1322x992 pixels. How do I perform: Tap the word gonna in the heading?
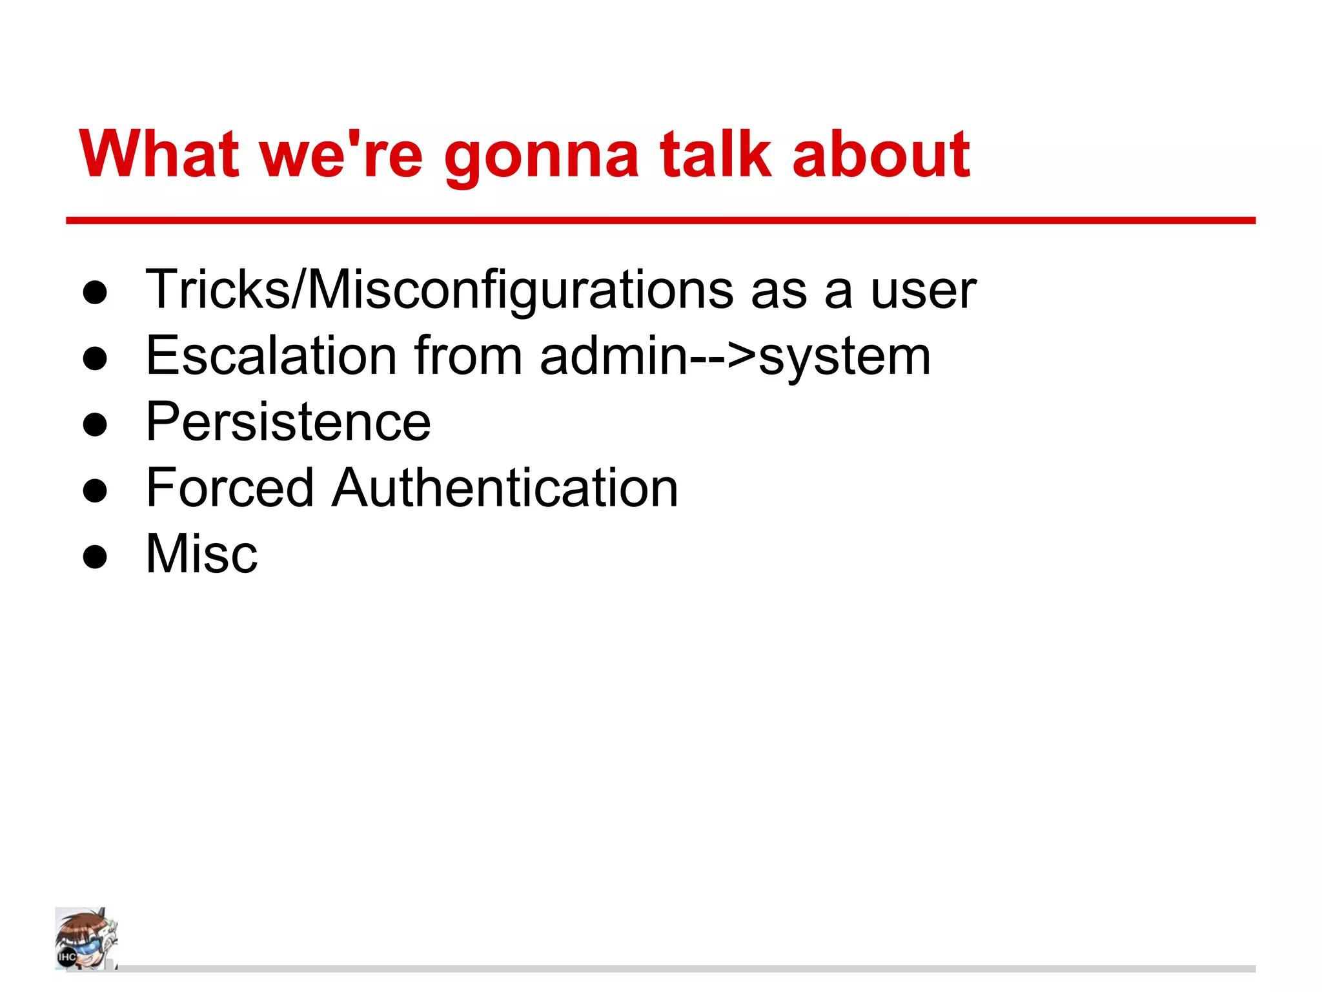pos(541,158)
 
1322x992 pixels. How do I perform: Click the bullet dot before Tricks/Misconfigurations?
pos(95,293)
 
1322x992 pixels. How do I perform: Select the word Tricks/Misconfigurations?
pos(440,290)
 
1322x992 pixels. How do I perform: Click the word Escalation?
pos(271,356)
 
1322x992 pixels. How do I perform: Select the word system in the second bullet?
pos(844,359)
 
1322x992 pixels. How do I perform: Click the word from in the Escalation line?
pos(468,356)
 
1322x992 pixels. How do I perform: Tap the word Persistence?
pos(288,422)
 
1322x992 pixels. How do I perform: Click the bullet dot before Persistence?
pos(95,425)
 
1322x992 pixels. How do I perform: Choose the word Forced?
pos(230,488)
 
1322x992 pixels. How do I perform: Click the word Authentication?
pos(505,488)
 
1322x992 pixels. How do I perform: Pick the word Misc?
pos(201,553)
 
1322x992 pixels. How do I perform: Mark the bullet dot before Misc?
pos(95,557)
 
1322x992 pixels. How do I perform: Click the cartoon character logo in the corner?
pos(86,938)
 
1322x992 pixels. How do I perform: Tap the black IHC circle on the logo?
pos(67,956)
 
